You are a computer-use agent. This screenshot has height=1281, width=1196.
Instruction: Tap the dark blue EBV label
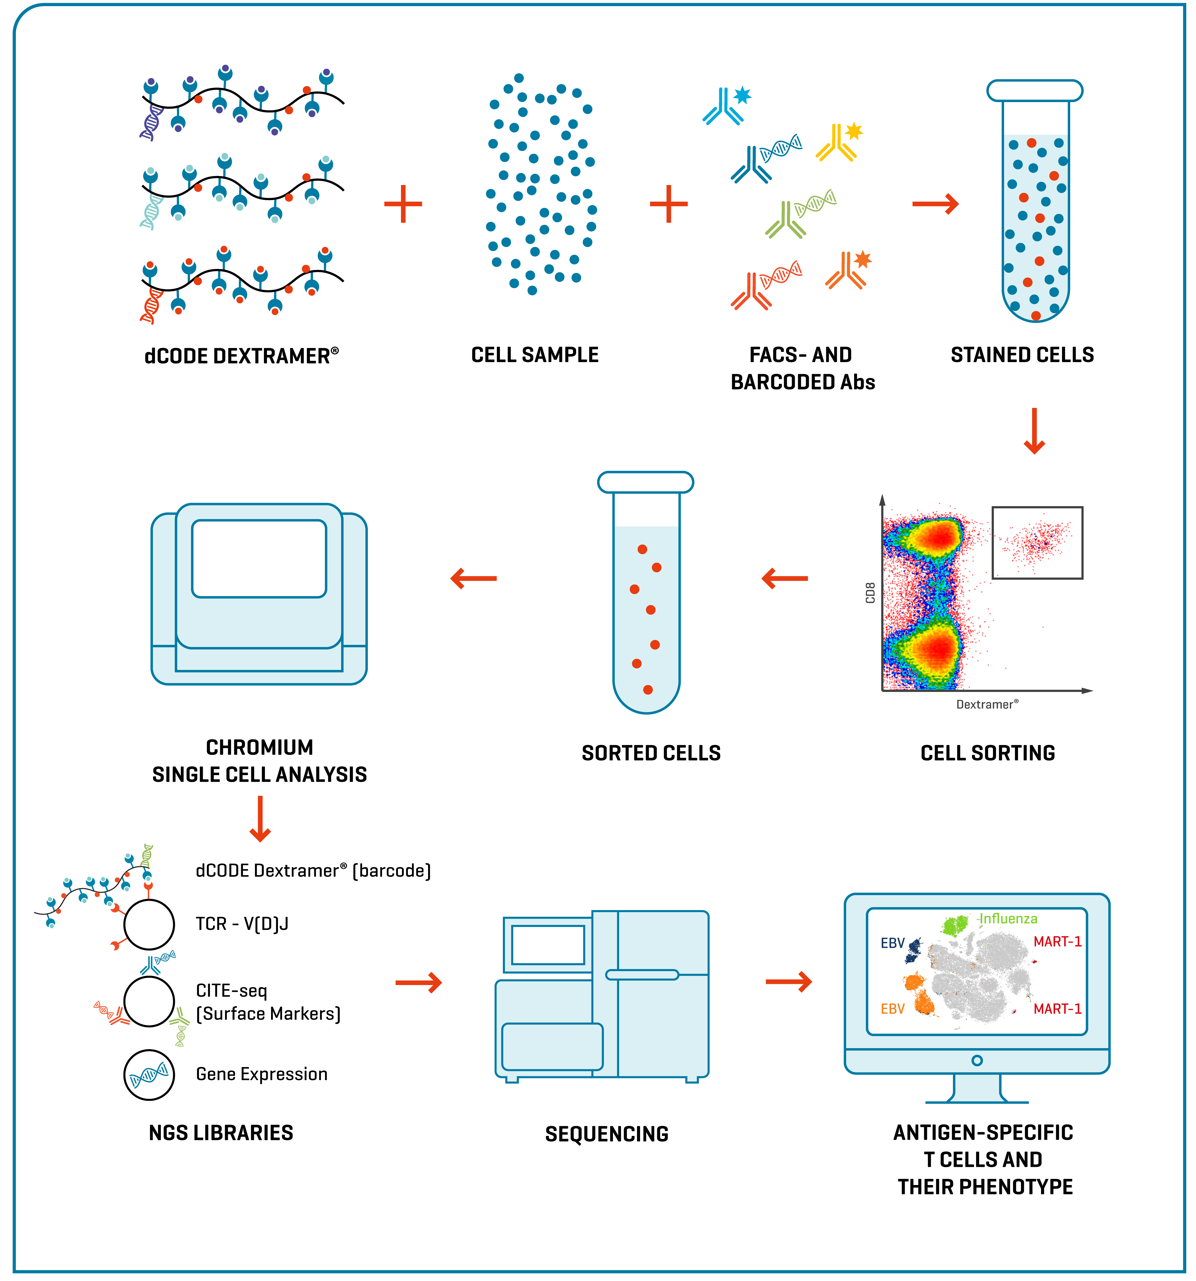click(893, 943)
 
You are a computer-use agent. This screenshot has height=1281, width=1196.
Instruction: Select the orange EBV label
click(893, 1009)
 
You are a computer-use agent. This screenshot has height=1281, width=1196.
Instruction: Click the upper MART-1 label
click(1058, 942)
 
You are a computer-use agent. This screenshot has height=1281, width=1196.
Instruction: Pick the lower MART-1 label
click(1058, 1009)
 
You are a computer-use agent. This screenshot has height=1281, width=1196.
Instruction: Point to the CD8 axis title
click(870, 593)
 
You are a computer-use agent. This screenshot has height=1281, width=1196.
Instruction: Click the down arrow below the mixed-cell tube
click(1034, 430)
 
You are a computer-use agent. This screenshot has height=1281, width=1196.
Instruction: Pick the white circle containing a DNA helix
click(149, 1075)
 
